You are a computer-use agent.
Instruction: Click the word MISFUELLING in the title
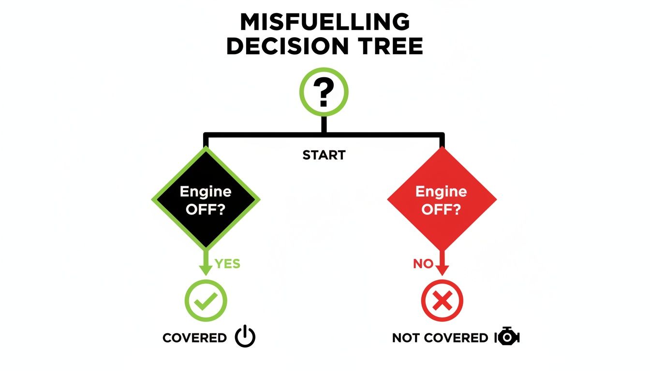tap(325, 22)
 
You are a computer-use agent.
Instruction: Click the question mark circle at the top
tap(324, 93)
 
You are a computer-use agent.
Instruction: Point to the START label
tap(324, 156)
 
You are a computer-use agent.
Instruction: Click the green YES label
tap(227, 264)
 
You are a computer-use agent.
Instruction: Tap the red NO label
tap(422, 264)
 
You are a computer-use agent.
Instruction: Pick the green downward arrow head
tap(206, 270)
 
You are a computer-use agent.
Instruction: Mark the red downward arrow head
tap(442, 270)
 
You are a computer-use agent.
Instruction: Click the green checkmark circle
tap(206, 300)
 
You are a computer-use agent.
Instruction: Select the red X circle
tap(442, 301)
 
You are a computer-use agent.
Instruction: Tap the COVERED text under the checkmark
tap(194, 338)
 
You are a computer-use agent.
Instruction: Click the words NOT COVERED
tap(440, 338)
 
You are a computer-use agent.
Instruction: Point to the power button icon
tap(245, 337)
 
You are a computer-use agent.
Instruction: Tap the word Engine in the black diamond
tap(206, 192)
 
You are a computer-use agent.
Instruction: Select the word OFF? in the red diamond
tap(441, 210)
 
